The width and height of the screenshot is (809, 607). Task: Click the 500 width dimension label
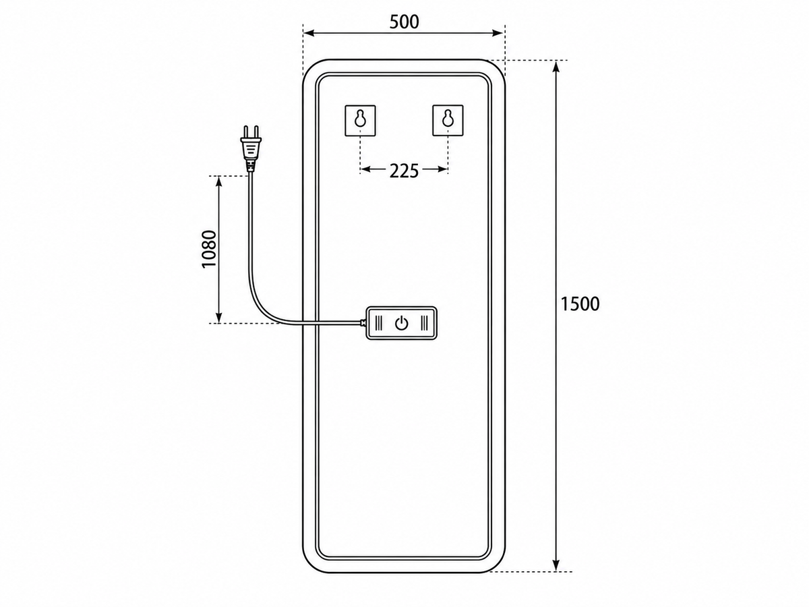click(x=404, y=22)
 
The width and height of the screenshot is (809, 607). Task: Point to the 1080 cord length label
click(x=209, y=249)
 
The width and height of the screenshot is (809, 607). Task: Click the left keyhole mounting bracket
click(x=360, y=121)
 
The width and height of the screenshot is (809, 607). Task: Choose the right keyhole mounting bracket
click(x=448, y=121)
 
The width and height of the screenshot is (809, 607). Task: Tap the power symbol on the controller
click(x=401, y=324)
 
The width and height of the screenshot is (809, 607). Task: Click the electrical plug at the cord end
click(x=251, y=148)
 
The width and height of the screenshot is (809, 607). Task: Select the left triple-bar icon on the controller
click(x=379, y=323)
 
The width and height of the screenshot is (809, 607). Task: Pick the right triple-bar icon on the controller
click(x=424, y=323)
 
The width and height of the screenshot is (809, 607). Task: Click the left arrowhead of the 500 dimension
click(x=309, y=34)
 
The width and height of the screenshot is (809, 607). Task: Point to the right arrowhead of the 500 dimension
click(x=498, y=34)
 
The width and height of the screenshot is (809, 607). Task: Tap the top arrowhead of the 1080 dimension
click(x=219, y=182)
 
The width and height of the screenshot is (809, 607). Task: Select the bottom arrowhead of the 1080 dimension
click(x=219, y=317)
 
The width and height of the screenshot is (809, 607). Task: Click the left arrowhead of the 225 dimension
click(x=365, y=169)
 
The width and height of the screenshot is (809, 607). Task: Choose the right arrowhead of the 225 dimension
click(x=442, y=169)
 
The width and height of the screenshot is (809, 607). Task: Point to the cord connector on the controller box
click(x=363, y=324)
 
